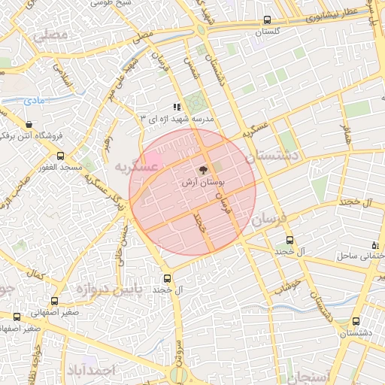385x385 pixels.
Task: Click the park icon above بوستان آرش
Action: (204, 171)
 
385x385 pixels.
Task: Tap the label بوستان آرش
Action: (204, 183)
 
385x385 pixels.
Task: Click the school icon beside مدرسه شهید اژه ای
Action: (177, 107)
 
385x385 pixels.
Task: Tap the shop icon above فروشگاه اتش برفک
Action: (29, 125)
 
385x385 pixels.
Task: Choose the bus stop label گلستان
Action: (268, 32)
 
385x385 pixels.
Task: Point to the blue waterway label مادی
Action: (33, 100)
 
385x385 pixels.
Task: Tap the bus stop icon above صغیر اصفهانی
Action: (17, 317)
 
